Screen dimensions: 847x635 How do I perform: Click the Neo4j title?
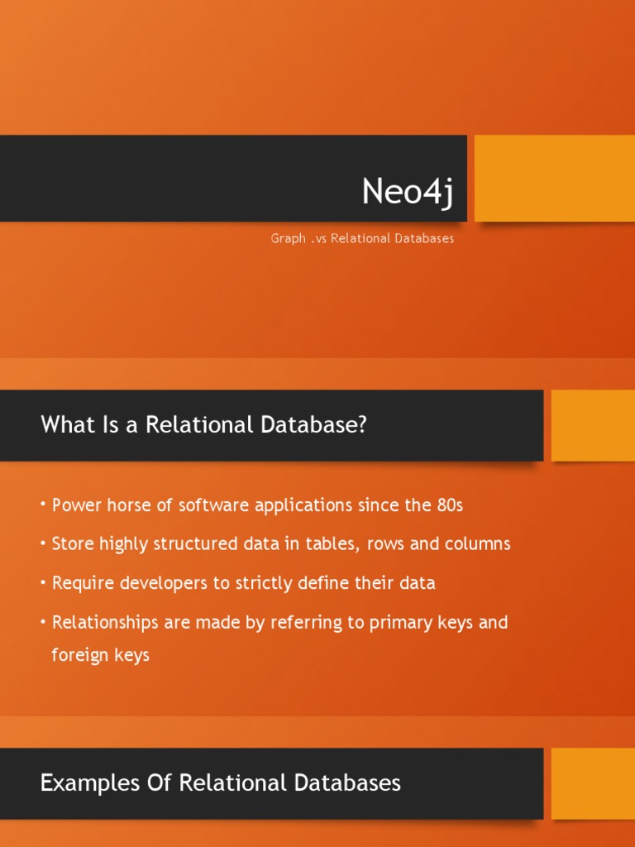point(408,193)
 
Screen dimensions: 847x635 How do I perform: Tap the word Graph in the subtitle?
point(289,239)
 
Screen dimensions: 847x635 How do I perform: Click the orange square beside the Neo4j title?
point(554,178)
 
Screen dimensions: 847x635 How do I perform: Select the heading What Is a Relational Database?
point(203,425)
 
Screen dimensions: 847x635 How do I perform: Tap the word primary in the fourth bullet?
point(384,622)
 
